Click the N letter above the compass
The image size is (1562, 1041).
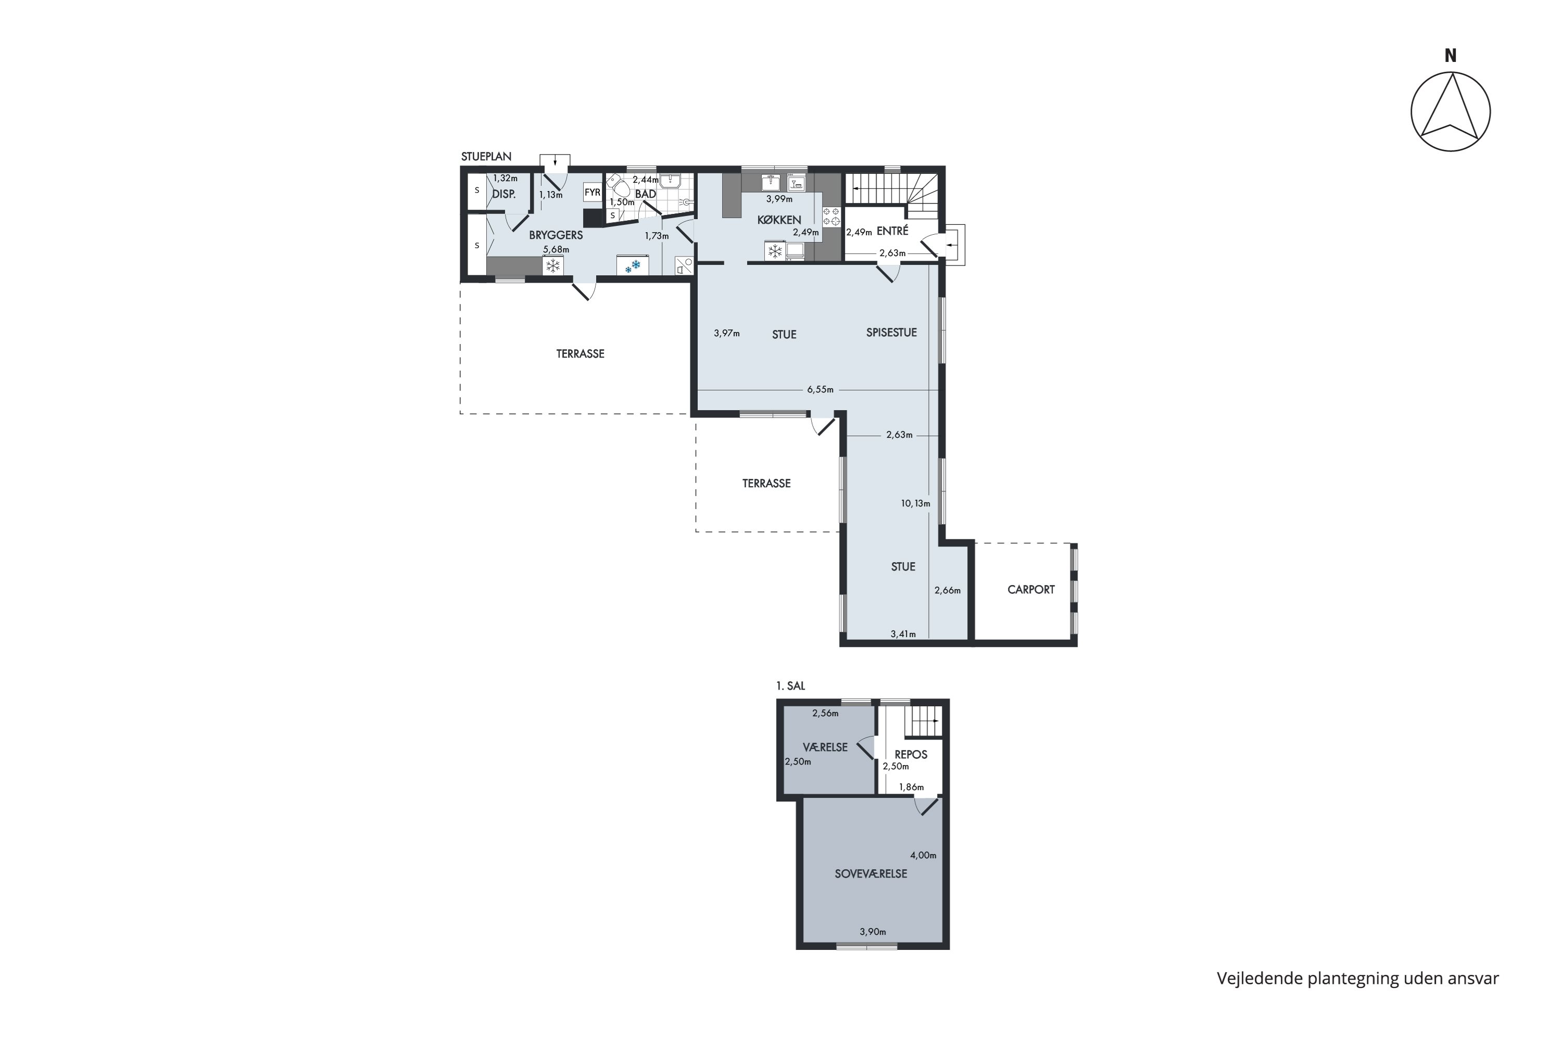point(1451,56)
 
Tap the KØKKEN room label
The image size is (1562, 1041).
point(779,220)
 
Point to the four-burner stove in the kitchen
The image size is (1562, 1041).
point(832,216)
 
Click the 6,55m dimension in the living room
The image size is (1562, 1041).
point(820,390)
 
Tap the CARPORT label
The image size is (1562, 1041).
point(1031,590)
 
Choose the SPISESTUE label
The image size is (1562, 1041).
point(891,333)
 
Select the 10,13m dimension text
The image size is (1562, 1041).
point(915,503)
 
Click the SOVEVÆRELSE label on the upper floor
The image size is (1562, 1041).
point(871,874)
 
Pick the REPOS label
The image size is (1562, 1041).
point(911,754)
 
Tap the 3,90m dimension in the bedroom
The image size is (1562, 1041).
point(873,932)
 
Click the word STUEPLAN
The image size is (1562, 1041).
point(486,157)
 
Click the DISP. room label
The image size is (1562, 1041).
point(504,195)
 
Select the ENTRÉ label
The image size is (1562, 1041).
point(892,231)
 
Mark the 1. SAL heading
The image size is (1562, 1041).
point(790,686)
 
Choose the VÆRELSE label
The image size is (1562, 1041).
point(825,747)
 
